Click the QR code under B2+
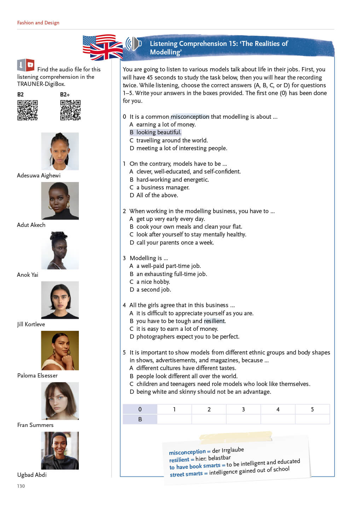70,110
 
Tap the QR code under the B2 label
28,110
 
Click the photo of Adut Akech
60,201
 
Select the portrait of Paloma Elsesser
60,350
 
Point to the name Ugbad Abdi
32,475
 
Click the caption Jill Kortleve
31,324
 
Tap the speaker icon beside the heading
134,44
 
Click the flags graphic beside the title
103,47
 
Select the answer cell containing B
140,419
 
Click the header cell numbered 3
243,409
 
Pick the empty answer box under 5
312,419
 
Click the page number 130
21,486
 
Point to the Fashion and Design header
38,23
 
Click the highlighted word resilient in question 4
214,321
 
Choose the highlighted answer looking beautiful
159,132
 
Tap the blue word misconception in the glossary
187,452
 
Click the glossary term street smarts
186,474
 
